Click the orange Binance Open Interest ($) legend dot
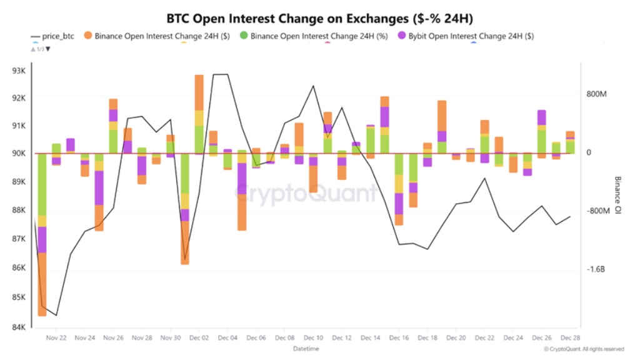coord(87,36)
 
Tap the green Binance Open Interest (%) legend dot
coord(243,36)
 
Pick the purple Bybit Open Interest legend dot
coord(402,36)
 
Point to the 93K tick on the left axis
coord(18,71)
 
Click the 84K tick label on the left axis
coord(18,327)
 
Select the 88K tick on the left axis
coord(18,211)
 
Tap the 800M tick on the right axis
coord(597,94)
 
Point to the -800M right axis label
coord(597,211)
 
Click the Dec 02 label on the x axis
coord(198,337)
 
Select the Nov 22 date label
coord(56,337)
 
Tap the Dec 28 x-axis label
coord(569,337)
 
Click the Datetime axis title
coord(306,348)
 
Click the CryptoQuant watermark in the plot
coord(306,194)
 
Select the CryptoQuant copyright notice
coord(584,349)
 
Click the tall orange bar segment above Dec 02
coord(199,92)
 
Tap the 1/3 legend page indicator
coord(40,49)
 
